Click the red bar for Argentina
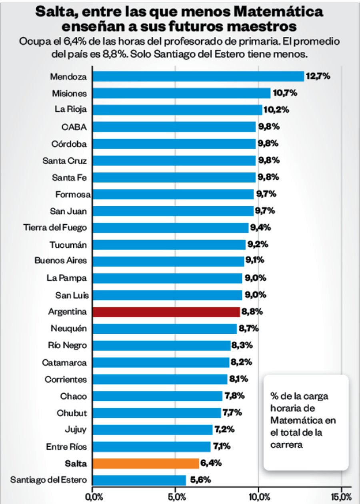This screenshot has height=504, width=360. (166, 312)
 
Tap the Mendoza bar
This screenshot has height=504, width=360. (198, 76)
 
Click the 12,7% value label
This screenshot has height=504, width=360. (318, 76)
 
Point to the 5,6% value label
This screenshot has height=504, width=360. (201, 480)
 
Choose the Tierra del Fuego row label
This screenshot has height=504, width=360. (55, 227)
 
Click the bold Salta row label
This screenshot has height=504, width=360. (76, 464)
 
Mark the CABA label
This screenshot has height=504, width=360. (74, 127)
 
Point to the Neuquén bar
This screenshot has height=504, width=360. (164, 329)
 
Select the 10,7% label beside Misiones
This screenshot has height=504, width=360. (285, 93)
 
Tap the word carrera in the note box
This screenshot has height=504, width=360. (287, 444)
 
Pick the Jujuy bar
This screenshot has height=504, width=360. (152, 430)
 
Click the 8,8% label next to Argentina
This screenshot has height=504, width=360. (252, 312)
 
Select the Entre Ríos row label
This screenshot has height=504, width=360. (66, 446)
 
